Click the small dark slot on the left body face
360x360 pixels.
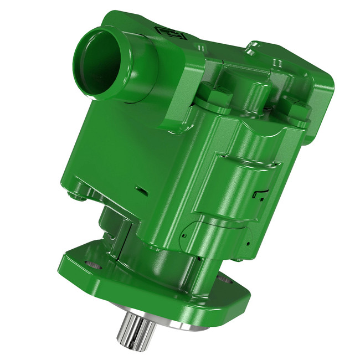(141, 191)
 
